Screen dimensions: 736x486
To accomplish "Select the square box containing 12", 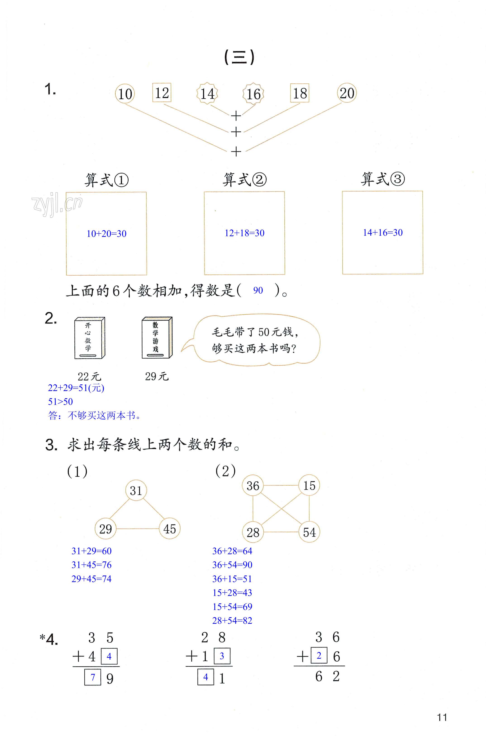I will (x=162, y=92).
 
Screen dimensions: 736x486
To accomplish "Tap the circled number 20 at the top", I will (x=347, y=93).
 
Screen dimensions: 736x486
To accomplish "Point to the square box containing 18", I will (x=300, y=93).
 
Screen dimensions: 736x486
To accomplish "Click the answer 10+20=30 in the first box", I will (x=106, y=234).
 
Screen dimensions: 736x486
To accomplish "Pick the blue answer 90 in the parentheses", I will (x=258, y=291).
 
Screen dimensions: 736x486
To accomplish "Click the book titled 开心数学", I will (x=90, y=338).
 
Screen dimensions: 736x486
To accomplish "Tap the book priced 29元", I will (x=157, y=338).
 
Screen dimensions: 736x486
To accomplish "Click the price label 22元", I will (x=89, y=377).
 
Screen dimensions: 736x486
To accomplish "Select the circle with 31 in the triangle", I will (x=136, y=491).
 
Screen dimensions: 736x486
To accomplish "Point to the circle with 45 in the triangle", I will (x=169, y=529).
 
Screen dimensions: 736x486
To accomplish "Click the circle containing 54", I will (x=309, y=532).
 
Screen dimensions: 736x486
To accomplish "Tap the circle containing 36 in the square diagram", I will (x=253, y=486).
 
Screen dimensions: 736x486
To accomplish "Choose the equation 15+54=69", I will (x=232, y=606).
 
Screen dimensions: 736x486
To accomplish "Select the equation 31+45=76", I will (x=91, y=565).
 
